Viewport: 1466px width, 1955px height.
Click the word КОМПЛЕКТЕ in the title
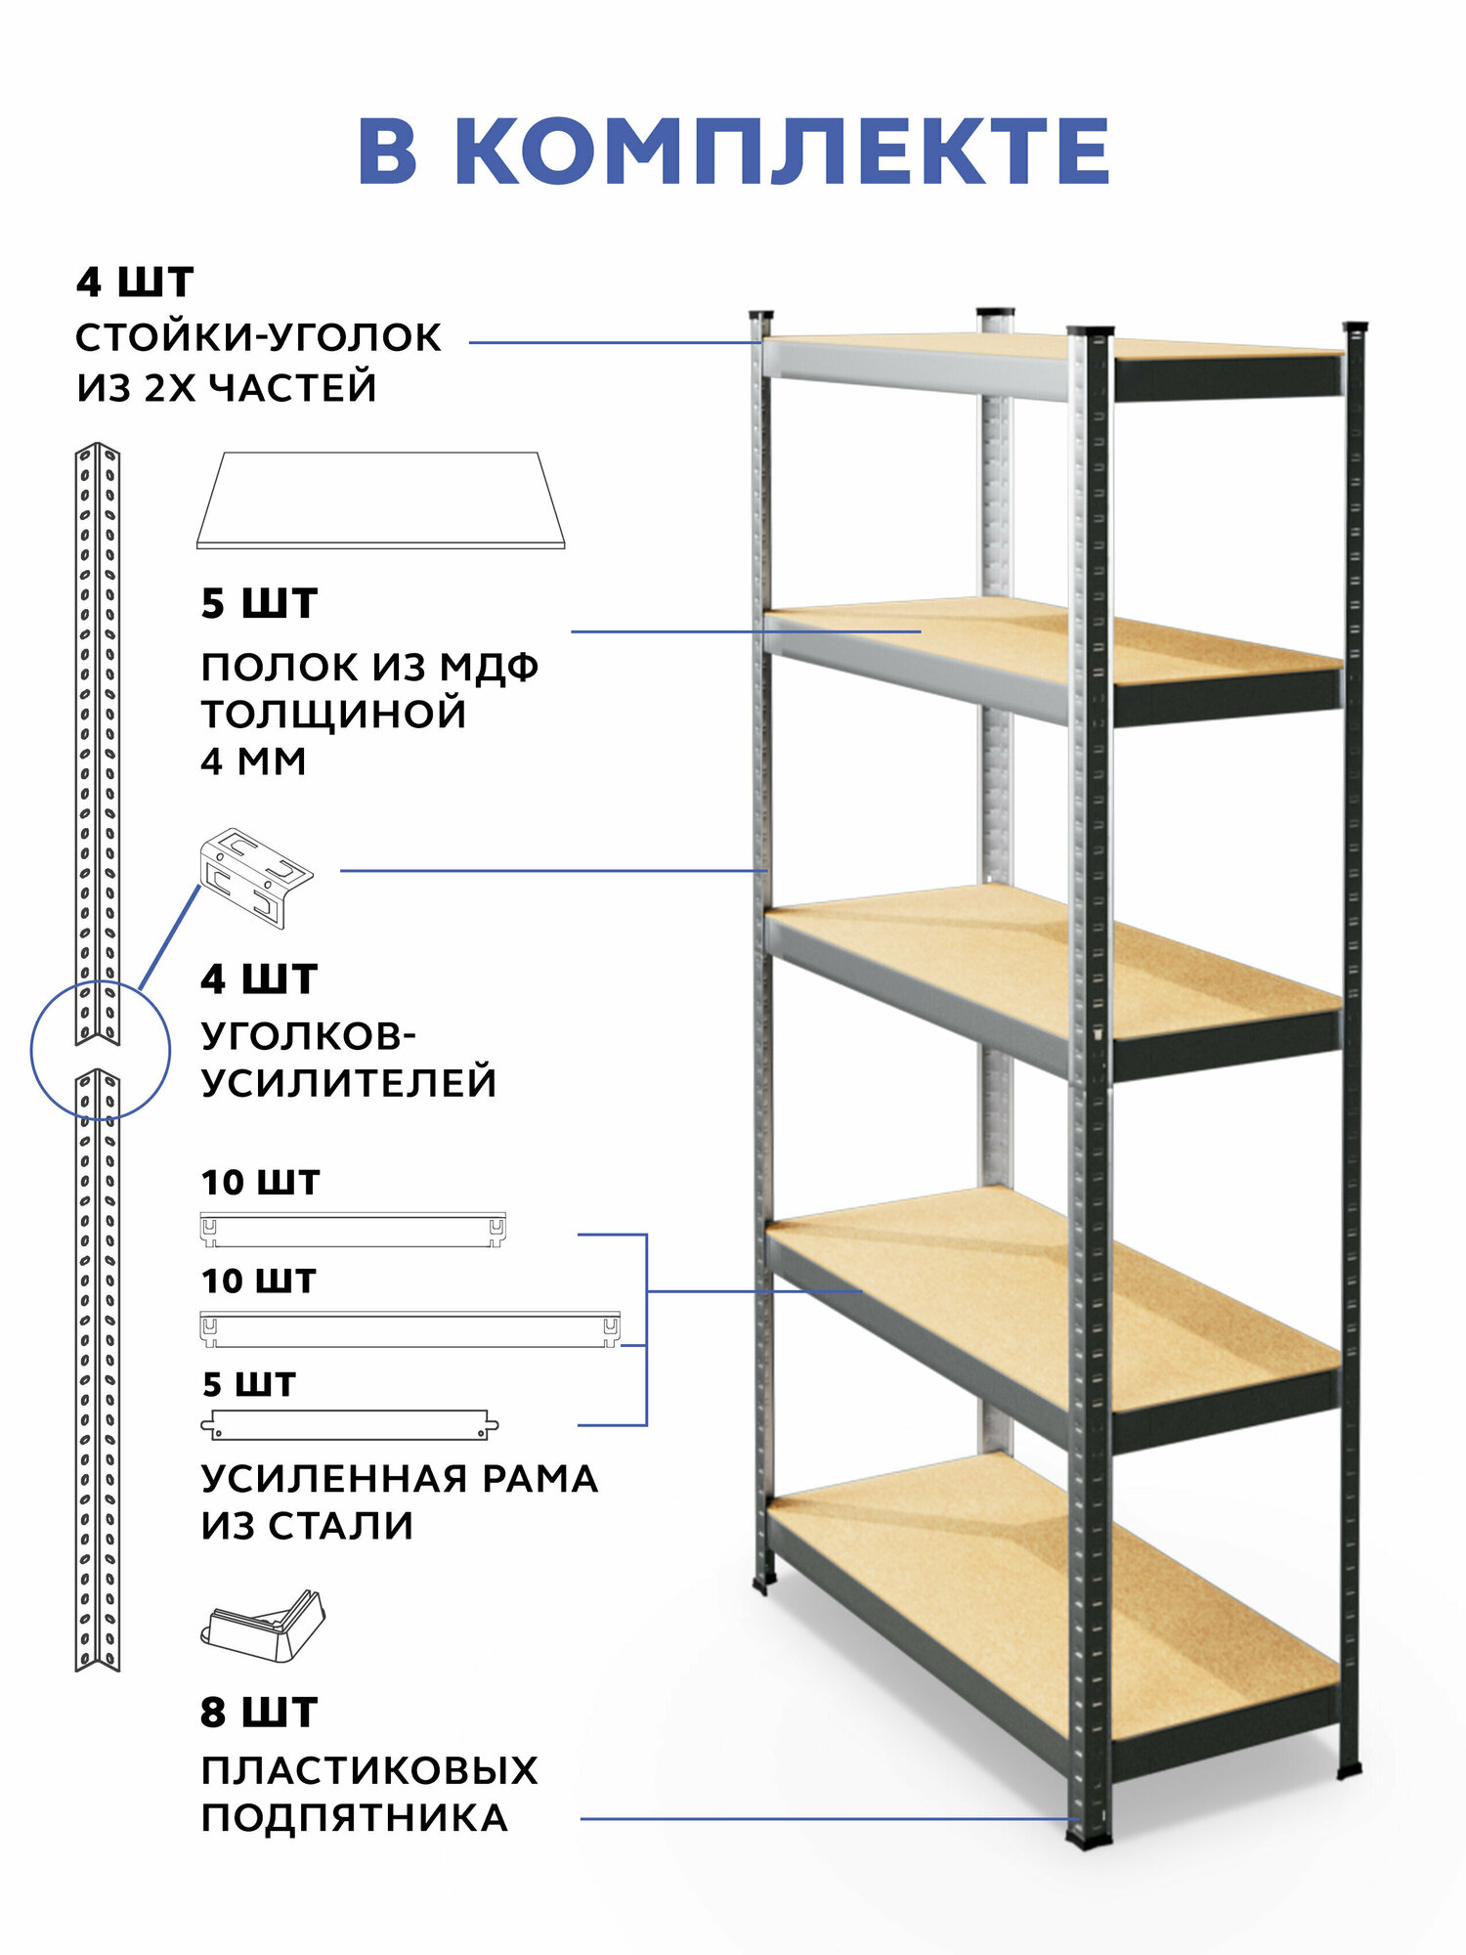[x=782, y=152]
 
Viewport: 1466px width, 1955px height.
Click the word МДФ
[x=489, y=668]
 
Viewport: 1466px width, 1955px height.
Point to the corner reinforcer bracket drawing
[x=256, y=877]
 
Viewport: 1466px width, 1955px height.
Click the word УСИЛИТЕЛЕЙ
[x=349, y=1083]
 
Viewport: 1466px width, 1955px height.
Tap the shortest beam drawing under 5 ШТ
[x=350, y=1424]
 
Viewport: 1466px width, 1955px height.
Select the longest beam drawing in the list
[x=410, y=1328]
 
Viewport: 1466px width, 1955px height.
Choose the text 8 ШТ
[x=259, y=1714]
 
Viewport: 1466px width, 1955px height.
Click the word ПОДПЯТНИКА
[x=354, y=1818]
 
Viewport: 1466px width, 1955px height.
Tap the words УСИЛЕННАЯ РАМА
[x=399, y=1478]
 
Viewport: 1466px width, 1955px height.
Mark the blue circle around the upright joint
[x=100, y=1050]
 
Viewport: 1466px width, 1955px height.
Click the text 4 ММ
[x=253, y=761]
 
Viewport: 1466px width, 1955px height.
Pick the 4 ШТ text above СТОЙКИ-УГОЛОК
[x=135, y=282]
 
